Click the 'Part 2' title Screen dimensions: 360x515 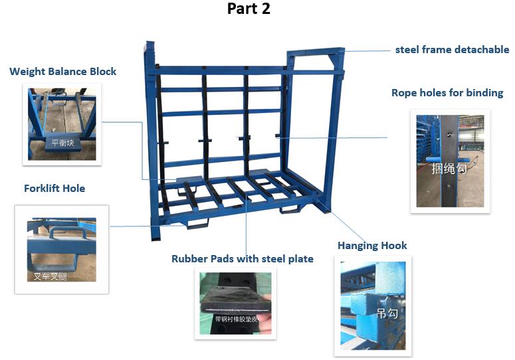[249, 9]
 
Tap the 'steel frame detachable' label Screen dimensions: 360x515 [452, 50]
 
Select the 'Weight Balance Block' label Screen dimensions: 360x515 [62, 71]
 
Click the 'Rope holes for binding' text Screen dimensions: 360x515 [447, 93]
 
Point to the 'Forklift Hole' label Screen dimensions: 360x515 [54, 189]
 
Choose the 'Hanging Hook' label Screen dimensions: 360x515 [372, 246]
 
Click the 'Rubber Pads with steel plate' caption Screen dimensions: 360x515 [242, 259]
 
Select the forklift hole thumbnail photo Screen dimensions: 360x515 [61, 249]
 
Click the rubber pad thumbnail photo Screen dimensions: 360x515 [236, 305]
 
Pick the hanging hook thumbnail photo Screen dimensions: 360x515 [372, 306]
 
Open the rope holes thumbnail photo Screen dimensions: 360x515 [450, 161]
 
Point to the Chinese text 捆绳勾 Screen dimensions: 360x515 [449, 169]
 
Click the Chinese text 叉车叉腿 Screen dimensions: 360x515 [51, 275]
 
